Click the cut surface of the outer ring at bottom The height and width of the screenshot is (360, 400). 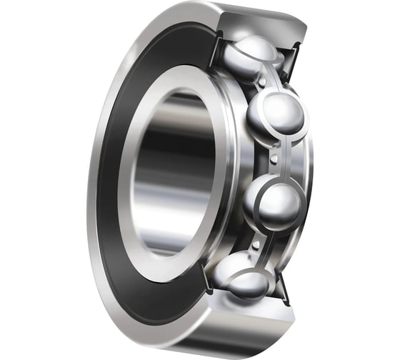click(246, 314)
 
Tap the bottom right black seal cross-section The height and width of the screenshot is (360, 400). click(283, 286)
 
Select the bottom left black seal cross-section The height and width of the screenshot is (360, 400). click(208, 286)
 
